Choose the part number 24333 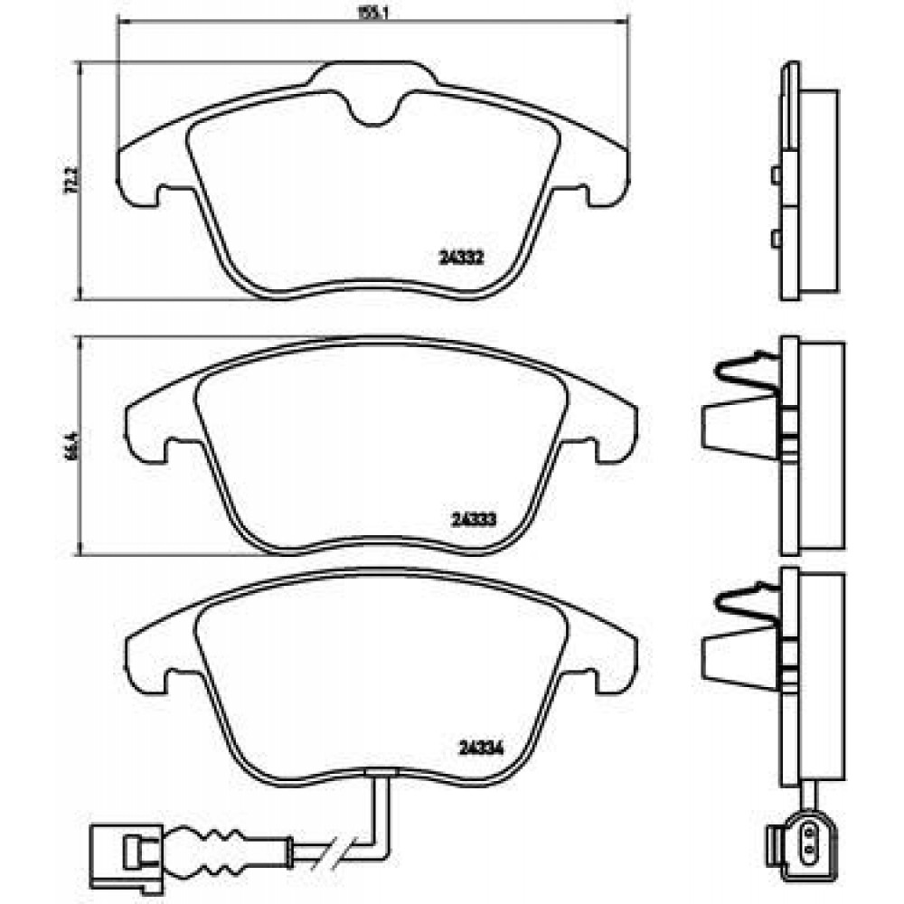[x=471, y=520]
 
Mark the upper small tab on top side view [x=775, y=174]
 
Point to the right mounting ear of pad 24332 [x=606, y=177]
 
